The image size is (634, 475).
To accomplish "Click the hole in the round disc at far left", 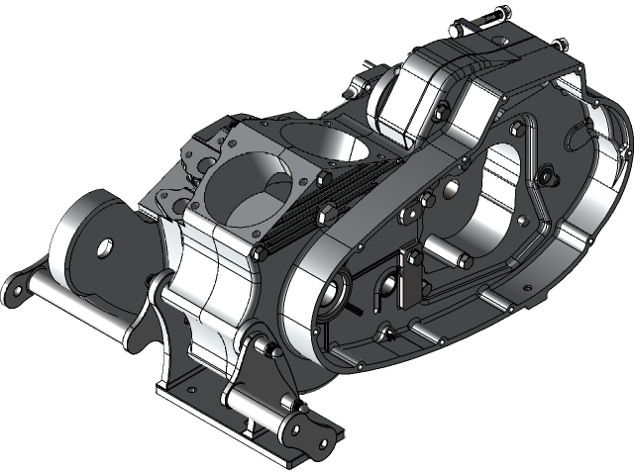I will pyautogui.click(x=103, y=244).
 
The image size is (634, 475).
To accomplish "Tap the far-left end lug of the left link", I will pyautogui.click(x=17, y=288).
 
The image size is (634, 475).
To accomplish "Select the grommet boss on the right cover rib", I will pyautogui.click(x=544, y=175).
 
